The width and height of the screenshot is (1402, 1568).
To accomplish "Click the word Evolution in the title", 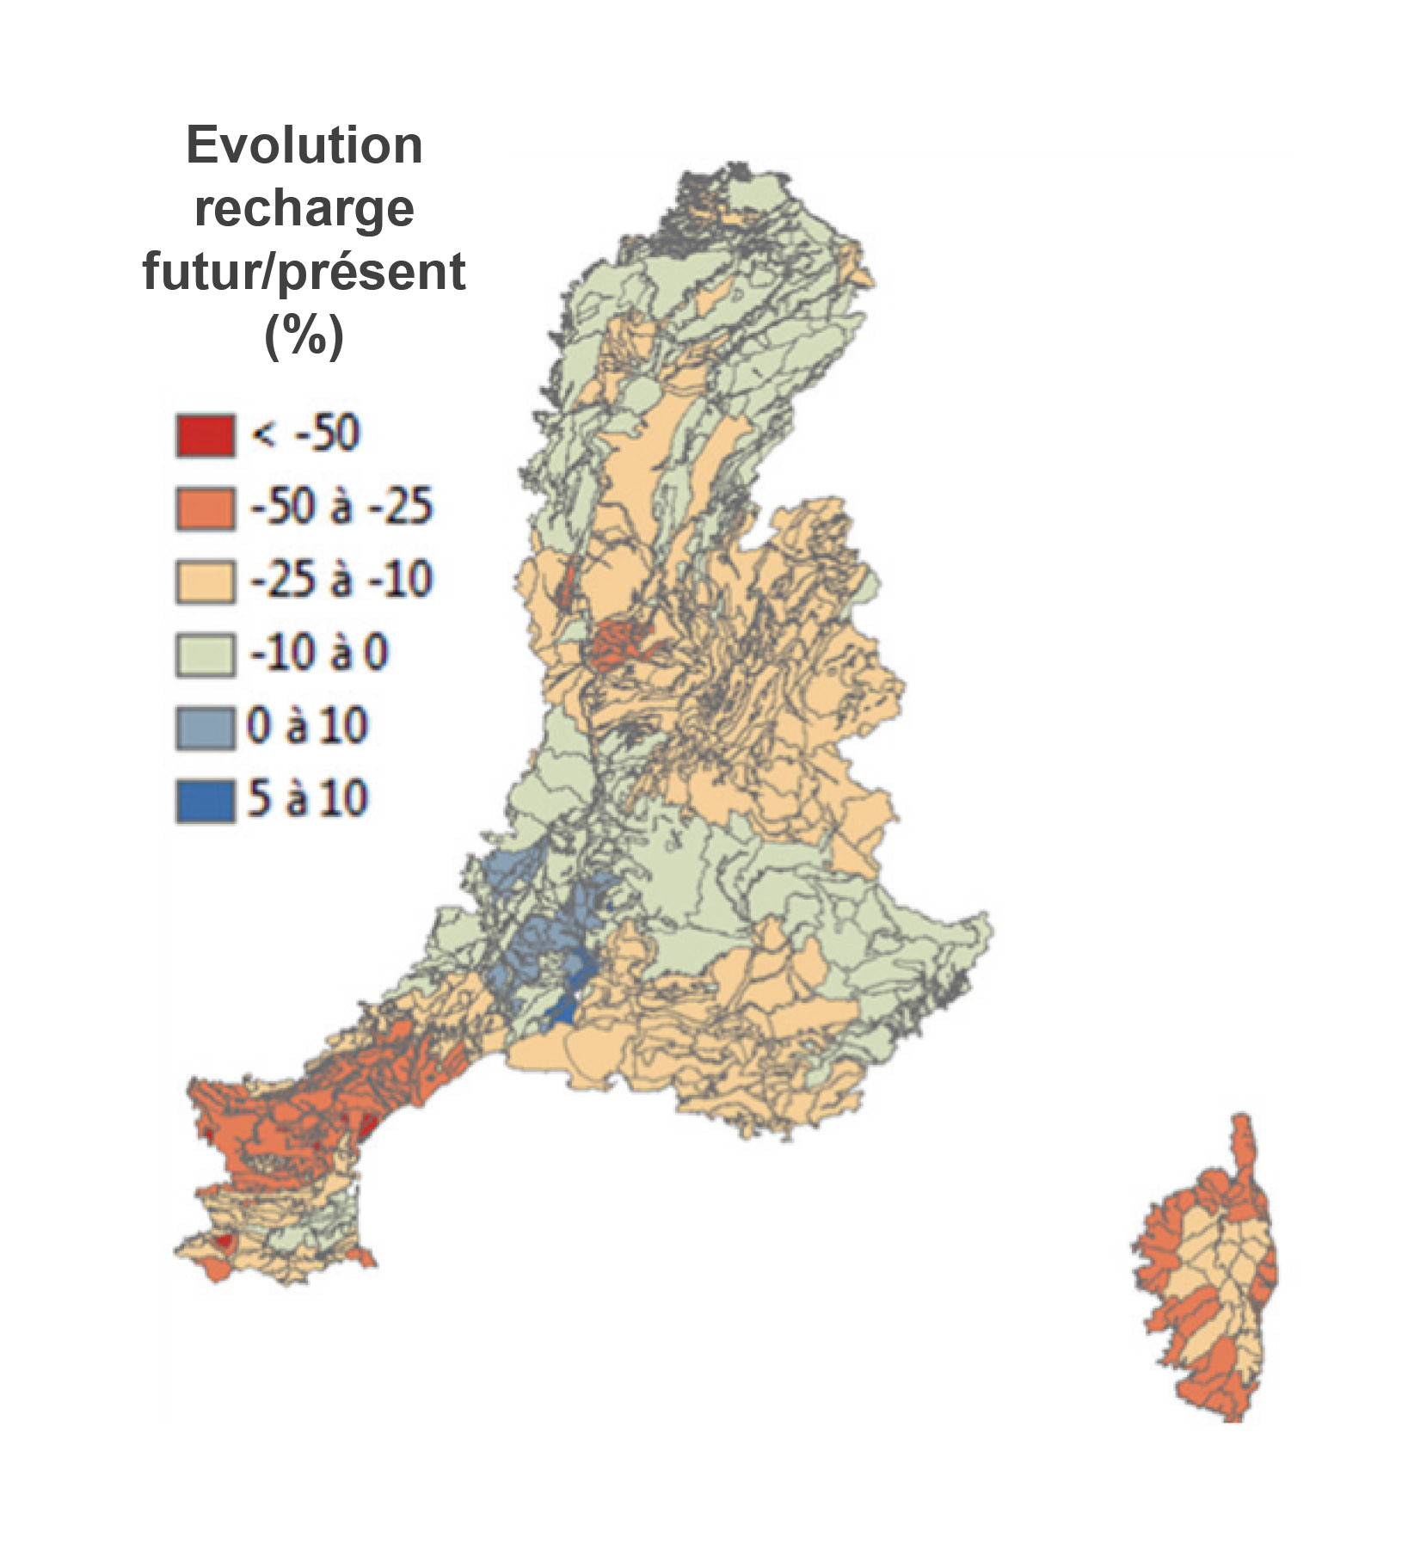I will click(304, 145).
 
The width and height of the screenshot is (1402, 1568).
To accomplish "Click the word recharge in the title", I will click(304, 208).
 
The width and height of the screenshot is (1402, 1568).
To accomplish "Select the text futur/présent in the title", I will click(304, 272).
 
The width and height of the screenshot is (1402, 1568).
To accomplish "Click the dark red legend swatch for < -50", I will click(205, 434).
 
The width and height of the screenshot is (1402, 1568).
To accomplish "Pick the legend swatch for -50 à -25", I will click(205, 507).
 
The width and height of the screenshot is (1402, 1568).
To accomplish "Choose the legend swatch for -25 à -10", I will click(205, 581).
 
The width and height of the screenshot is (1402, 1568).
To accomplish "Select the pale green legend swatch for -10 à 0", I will click(205, 655).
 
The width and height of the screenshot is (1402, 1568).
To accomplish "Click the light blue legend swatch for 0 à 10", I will click(205, 728).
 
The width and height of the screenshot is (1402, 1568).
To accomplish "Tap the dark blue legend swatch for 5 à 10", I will click(205, 801).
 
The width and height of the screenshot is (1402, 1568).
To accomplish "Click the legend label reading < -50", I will click(305, 433).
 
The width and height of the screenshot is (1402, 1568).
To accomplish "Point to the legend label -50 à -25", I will click(341, 506).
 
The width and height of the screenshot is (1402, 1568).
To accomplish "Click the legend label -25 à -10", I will click(341, 579).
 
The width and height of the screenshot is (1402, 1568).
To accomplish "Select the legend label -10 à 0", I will click(319, 653).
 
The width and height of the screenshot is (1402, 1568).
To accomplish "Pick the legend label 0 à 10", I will click(307, 726).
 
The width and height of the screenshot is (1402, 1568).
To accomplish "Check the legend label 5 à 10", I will click(307, 799).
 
